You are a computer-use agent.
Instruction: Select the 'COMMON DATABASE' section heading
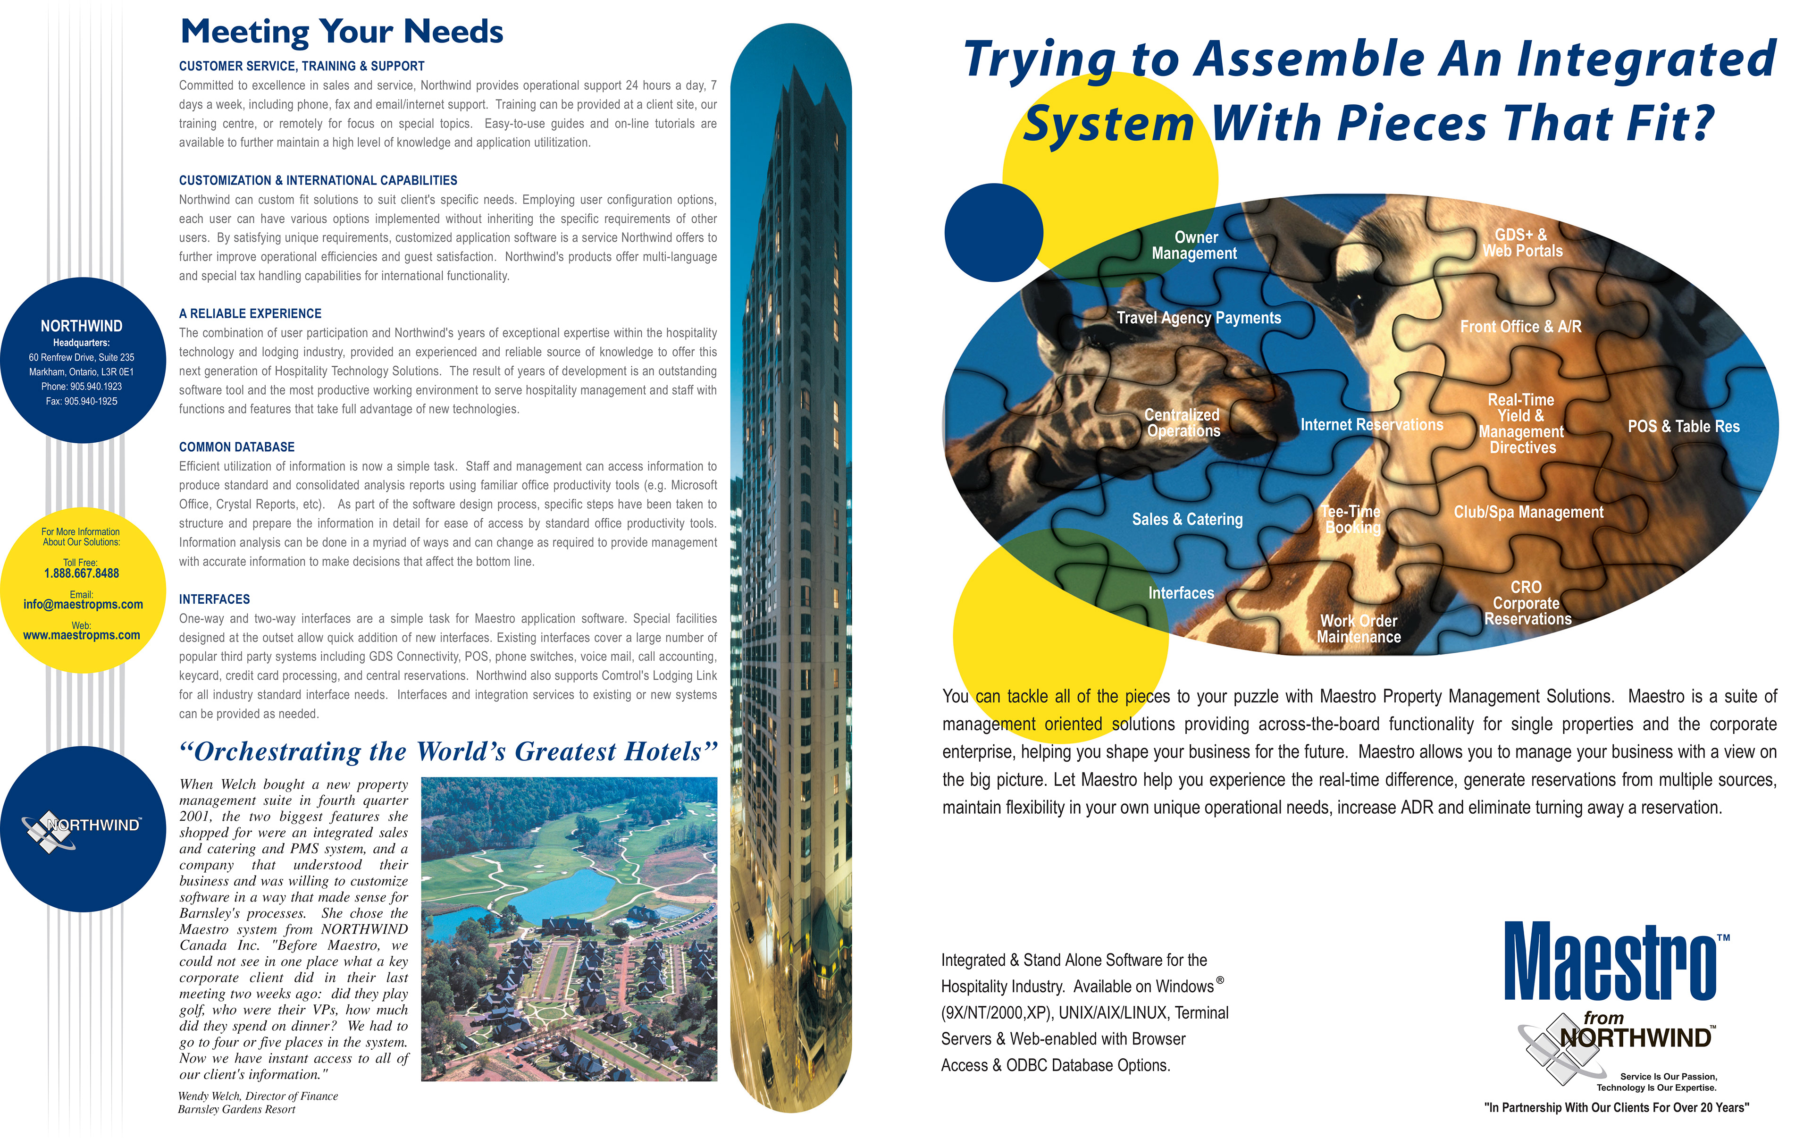click(236, 447)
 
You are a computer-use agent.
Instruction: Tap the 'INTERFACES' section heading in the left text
click(214, 599)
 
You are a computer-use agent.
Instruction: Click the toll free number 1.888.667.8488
click(81, 573)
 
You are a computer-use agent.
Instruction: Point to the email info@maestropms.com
click(83, 604)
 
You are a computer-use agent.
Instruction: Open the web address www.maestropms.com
click(81, 635)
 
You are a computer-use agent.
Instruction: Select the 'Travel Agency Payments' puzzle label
click(1198, 318)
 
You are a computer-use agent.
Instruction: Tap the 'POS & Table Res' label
click(1683, 427)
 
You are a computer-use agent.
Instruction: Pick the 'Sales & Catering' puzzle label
click(1187, 519)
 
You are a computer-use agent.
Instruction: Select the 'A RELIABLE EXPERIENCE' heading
click(250, 314)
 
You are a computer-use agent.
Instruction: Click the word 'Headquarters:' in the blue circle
click(81, 343)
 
